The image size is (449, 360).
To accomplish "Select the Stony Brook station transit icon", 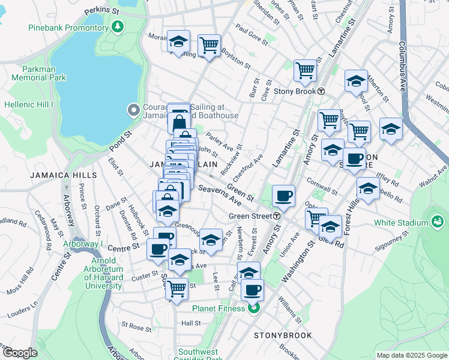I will [x=321, y=91].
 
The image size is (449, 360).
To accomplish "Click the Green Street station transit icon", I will [x=277, y=216].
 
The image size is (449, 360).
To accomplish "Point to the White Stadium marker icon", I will [x=436, y=222].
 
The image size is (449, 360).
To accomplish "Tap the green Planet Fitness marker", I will [x=253, y=308].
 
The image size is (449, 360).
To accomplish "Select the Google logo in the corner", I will [x=20, y=352].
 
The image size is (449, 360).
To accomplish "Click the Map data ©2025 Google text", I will [x=411, y=355].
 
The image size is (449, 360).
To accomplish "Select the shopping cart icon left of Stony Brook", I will [x=305, y=70].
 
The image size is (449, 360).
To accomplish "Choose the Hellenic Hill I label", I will [x=29, y=104].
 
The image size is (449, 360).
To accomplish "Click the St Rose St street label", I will [x=136, y=328].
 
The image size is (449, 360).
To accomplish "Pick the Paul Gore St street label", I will [x=251, y=32].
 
